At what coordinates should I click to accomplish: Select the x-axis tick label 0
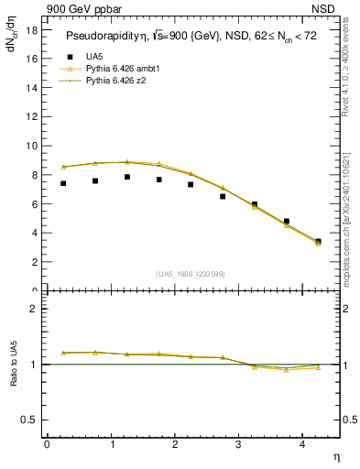(47, 444)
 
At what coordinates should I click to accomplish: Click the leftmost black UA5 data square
(63, 183)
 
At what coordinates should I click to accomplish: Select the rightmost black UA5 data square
(318, 242)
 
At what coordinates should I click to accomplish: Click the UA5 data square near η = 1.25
(127, 177)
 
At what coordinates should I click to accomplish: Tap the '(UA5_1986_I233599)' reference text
(192, 275)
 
